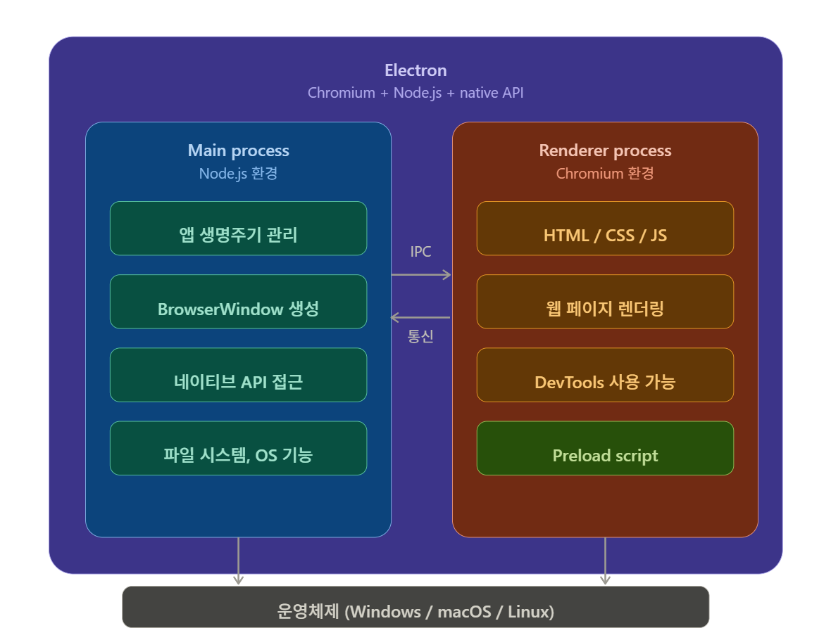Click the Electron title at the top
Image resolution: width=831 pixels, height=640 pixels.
point(416,70)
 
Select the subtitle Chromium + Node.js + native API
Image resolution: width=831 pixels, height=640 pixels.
point(416,93)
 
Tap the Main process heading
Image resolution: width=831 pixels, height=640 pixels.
point(238,151)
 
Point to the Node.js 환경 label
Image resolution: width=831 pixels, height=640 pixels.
point(238,173)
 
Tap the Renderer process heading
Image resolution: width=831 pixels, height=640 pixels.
point(605,151)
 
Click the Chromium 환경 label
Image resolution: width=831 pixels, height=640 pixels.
point(605,173)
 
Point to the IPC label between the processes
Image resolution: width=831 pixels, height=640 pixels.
point(420,252)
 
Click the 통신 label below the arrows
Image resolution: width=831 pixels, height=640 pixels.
point(420,336)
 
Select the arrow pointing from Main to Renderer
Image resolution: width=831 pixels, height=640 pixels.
point(421,274)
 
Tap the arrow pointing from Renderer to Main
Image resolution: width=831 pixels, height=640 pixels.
point(421,317)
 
